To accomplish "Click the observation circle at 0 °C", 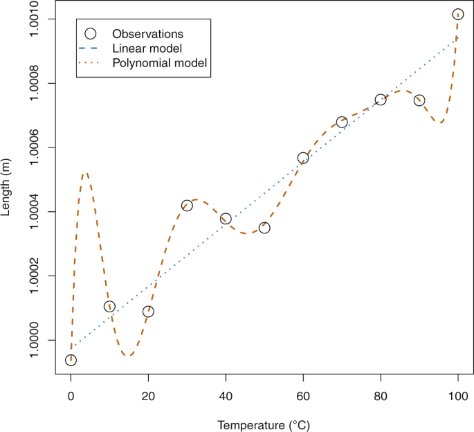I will (71, 360).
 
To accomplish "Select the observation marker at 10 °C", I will (109, 307).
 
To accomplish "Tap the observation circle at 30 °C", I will (187, 206).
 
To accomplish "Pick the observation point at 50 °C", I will (264, 228).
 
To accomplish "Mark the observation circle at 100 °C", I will (458, 15).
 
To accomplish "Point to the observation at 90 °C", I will (419, 100).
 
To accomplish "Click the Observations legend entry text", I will (147, 33).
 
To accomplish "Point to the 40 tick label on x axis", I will (226, 397).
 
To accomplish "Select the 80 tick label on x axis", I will (381, 397).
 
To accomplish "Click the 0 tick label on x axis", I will (71, 397).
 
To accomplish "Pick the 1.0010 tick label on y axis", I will (35, 19).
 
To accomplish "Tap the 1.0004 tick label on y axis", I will (35, 212).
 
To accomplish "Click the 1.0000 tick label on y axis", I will (35, 341).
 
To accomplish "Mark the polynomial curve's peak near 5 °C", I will (84, 174).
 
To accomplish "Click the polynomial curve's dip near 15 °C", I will (128, 356).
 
